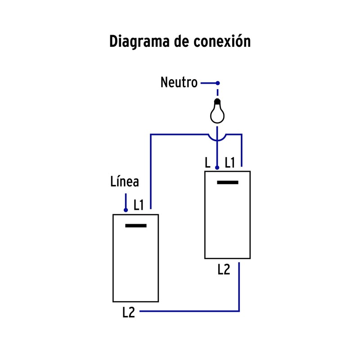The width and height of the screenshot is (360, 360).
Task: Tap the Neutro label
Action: pos(179,83)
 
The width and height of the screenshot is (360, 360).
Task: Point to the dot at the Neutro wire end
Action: pos(218,83)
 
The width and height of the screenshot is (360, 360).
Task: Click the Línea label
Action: pos(125,182)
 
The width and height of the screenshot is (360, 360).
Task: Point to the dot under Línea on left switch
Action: pos(126,210)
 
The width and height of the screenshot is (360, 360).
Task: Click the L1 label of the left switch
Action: pos(139,205)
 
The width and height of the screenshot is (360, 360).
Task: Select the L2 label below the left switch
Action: pos(129,312)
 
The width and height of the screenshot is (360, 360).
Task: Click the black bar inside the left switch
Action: pos(136,225)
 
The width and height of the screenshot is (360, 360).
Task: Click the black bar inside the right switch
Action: pos(228,182)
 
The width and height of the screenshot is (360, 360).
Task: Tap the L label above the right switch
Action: pos(207,163)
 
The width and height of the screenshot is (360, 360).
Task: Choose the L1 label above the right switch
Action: pos(229,163)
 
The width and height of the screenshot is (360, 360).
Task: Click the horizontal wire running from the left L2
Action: pos(189,311)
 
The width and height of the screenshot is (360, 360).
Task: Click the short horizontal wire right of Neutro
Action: pos(209,83)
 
